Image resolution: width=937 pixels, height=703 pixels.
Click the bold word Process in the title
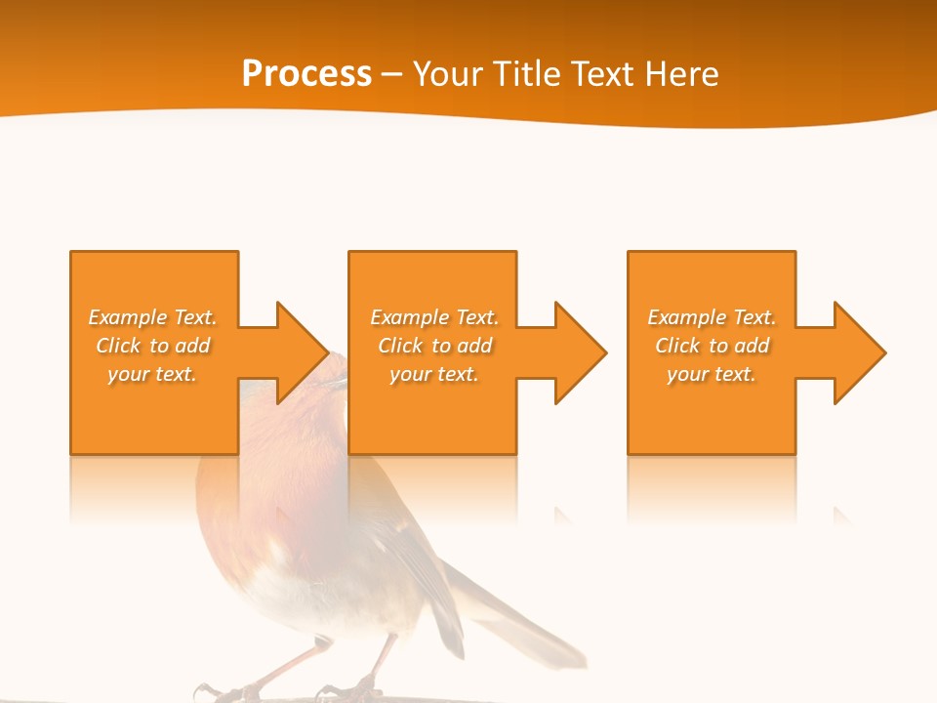306,74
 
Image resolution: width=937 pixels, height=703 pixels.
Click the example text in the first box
152,346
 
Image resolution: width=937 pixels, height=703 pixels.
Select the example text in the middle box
433,346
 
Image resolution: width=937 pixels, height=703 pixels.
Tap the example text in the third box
712,346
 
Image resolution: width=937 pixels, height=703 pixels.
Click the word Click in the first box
118,346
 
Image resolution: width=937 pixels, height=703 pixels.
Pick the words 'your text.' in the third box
712,374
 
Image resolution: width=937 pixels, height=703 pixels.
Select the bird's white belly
293,591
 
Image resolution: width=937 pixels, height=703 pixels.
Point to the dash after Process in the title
392,75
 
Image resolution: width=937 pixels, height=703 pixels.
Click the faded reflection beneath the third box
712,488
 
